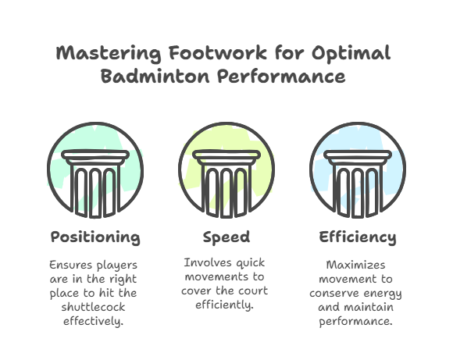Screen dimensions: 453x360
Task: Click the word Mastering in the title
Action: pyautogui.click(x=109, y=53)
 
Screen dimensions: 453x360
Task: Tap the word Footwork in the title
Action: pyautogui.click(x=218, y=52)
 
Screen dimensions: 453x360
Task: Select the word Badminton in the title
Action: pyautogui.click(x=155, y=76)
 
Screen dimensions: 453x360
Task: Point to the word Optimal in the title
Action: pyautogui.click(x=351, y=53)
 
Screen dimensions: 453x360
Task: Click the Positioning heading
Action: pyautogui.click(x=95, y=237)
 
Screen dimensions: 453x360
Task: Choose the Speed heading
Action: pyautogui.click(x=226, y=237)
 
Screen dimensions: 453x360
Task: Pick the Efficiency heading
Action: pyautogui.click(x=358, y=237)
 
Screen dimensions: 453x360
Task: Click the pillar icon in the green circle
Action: pyautogui.click(x=95, y=184)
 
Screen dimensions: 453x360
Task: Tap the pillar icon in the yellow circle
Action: pyautogui.click(x=226, y=184)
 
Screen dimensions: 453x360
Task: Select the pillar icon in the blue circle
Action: pyautogui.click(x=358, y=184)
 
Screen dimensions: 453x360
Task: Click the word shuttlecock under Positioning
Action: pyautogui.click(x=93, y=307)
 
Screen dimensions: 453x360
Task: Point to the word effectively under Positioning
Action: pyautogui.click(x=93, y=321)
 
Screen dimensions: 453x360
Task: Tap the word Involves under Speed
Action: pyautogui.click(x=208, y=262)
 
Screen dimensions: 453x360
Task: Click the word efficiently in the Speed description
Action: pyautogui.click(x=224, y=305)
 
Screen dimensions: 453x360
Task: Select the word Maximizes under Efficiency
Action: pyautogui.click(x=355, y=265)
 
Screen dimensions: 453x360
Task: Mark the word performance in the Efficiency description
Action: pyautogui.click(x=355, y=322)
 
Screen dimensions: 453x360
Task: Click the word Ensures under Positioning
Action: pyautogui.click(x=71, y=265)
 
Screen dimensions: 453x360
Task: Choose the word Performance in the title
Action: pyautogui.click(x=281, y=76)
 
